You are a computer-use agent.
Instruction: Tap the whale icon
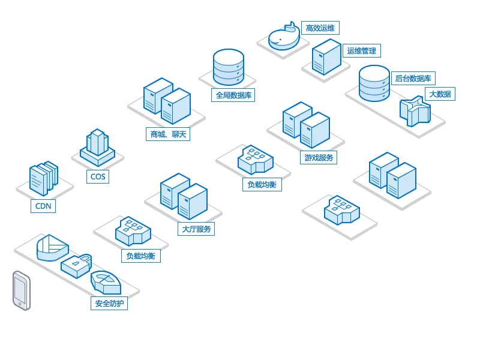pos(284,38)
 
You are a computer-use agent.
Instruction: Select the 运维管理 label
pos(361,50)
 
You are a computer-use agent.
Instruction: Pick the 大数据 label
pos(440,94)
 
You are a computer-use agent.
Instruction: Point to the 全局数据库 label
pos(234,95)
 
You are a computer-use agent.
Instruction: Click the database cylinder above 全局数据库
pos(229,67)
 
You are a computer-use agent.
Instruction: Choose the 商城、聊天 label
pos(168,134)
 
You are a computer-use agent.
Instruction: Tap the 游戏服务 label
pos(319,158)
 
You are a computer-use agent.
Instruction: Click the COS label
pos(97,176)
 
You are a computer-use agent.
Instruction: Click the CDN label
pos(43,206)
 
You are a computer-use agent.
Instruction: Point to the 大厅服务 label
pos(196,229)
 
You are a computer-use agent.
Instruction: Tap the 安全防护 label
pos(109,304)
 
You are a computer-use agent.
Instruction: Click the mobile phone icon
pos(21,290)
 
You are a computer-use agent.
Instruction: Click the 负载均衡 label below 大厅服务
pos(141,256)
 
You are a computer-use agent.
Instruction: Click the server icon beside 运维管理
pos(326,57)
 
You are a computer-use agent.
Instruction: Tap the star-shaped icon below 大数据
pos(415,111)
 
